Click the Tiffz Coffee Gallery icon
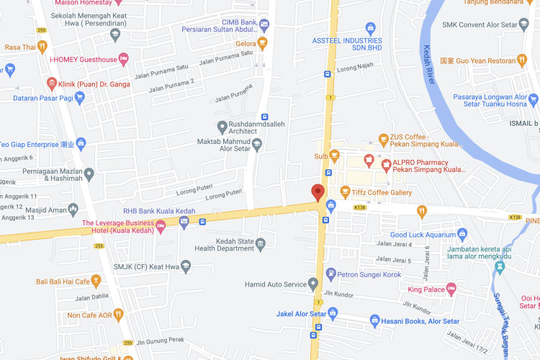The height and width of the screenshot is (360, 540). point(345,192)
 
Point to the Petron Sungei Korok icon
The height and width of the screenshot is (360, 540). point(330,273)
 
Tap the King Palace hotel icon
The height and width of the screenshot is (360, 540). point(451,289)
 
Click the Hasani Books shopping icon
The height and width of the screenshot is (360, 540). point(374,320)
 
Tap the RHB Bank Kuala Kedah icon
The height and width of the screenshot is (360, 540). point(184,222)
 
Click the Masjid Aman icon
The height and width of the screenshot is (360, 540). point(73,210)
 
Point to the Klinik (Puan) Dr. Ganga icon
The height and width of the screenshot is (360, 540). point(51,84)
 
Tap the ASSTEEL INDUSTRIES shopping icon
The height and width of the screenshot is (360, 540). point(371,29)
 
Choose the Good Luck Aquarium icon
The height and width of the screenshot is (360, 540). point(462,234)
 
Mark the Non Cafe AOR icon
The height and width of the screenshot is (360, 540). point(118,315)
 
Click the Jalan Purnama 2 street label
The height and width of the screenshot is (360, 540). point(171,86)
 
